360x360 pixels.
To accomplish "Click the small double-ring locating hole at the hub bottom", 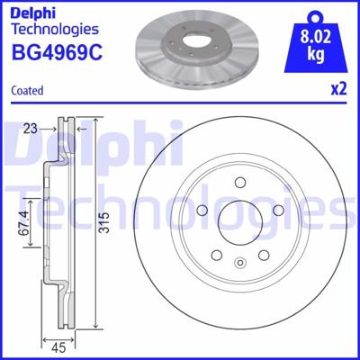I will pos(240,264).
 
